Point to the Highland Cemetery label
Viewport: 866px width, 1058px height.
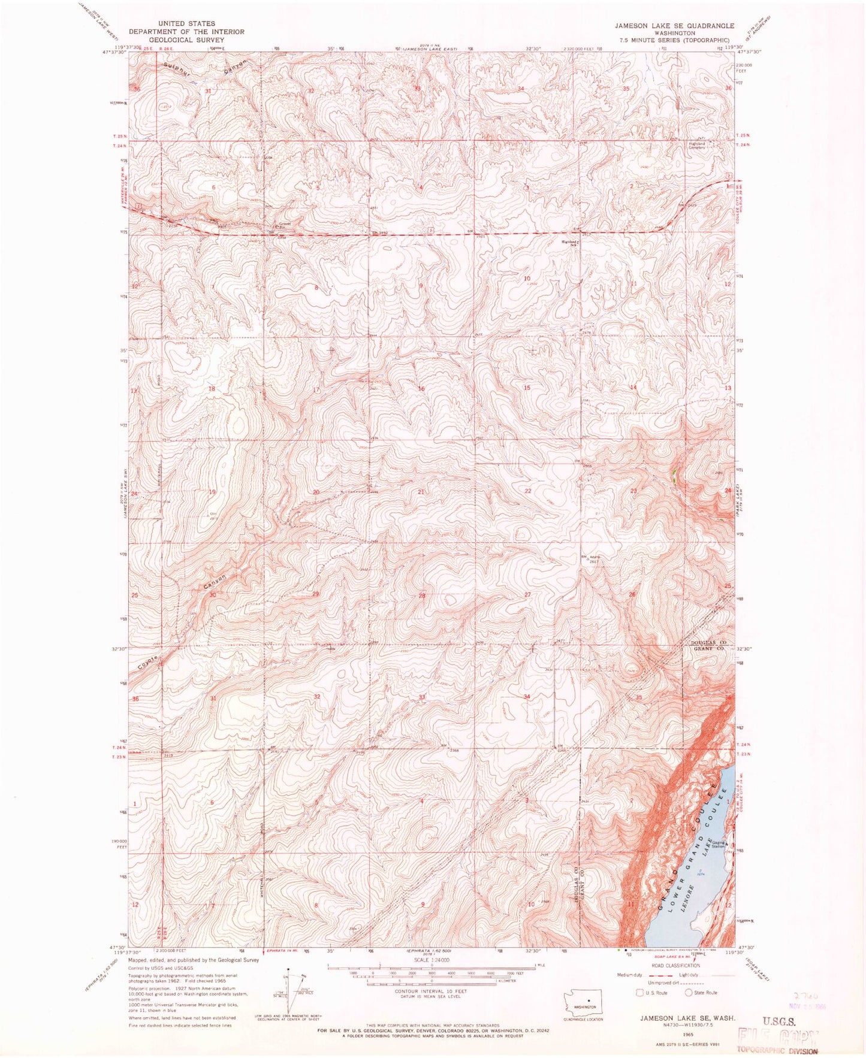[x=697, y=146]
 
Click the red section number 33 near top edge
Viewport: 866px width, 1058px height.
[x=418, y=89]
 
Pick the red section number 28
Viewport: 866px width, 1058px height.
[x=421, y=595]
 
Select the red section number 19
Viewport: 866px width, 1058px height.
[x=212, y=492]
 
